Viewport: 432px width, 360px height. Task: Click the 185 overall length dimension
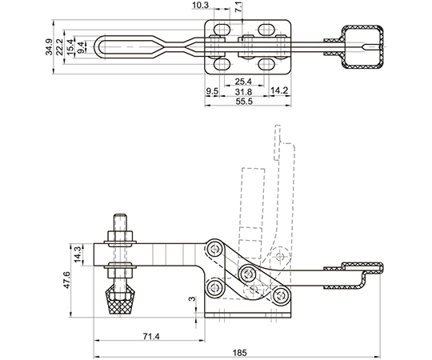click(x=240, y=353)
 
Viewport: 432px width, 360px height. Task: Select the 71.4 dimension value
click(x=151, y=336)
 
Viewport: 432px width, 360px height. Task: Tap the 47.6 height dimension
click(x=66, y=280)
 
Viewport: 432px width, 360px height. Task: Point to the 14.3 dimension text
click(x=78, y=254)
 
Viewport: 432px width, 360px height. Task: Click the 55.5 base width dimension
click(x=244, y=101)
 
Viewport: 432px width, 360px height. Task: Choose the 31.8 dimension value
click(x=244, y=91)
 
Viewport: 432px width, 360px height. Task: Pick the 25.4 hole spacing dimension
click(x=243, y=82)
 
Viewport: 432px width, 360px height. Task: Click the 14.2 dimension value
click(x=279, y=90)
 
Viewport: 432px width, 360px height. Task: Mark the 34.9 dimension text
click(x=49, y=47)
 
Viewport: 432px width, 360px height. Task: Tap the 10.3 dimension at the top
click(x=200, y=5)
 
